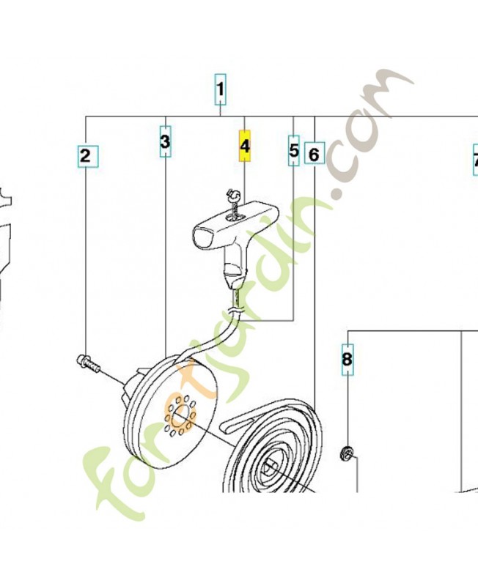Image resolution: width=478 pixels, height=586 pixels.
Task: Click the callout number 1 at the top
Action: (x=220, y=89)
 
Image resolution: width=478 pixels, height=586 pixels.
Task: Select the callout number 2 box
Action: (x=88, y=156)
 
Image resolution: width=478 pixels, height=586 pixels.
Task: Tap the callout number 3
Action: (x=165, y=141)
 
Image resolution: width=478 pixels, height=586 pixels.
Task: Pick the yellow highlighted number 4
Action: (x=245, y=146)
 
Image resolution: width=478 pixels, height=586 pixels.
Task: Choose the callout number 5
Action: (x=294, y=150)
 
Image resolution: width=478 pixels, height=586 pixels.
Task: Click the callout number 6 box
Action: (x=315, y=153)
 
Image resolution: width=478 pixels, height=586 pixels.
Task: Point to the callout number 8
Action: (x=348, y=359)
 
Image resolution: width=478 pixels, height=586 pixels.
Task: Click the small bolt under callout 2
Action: (x=88, y=363)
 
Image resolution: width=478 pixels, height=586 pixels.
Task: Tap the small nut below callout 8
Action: (x=346, y=453)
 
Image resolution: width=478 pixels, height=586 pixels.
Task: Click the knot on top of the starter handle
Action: (x=230, y=193)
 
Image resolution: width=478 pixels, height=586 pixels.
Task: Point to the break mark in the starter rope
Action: (x=235, y=310)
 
